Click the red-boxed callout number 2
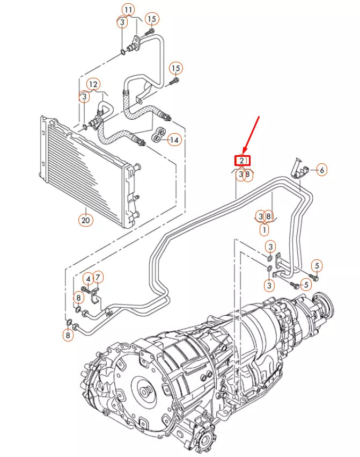coord(242,160)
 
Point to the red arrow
coord(252,134)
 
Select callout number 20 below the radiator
coord(85,219)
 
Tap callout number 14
coord(174,140)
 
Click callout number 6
coord(321,170)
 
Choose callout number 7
coord(99,277)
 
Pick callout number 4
coord(87,278)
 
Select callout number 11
coord(128,10)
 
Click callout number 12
coord(93,84)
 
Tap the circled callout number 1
coord(264,229)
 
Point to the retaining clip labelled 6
coord(298,168)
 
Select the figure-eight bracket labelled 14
coord(158,135)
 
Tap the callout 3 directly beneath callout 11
coord(122,22)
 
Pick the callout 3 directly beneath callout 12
coord(84,97)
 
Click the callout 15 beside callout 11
coord(151,19)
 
